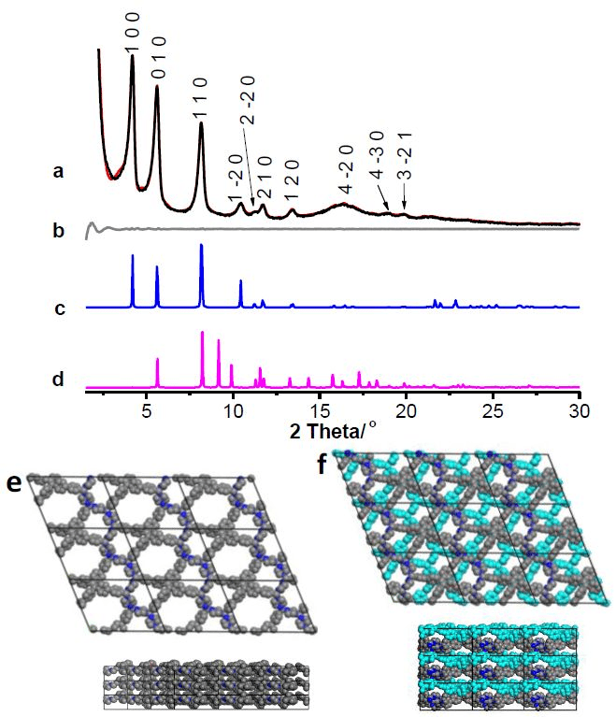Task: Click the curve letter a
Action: click(59, 171)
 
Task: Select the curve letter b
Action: click(59, 228)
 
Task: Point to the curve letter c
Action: click(59, 307)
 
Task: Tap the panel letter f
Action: click(323, 462)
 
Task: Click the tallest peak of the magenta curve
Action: click(202, 333)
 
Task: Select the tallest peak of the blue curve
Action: click(202, 246)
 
